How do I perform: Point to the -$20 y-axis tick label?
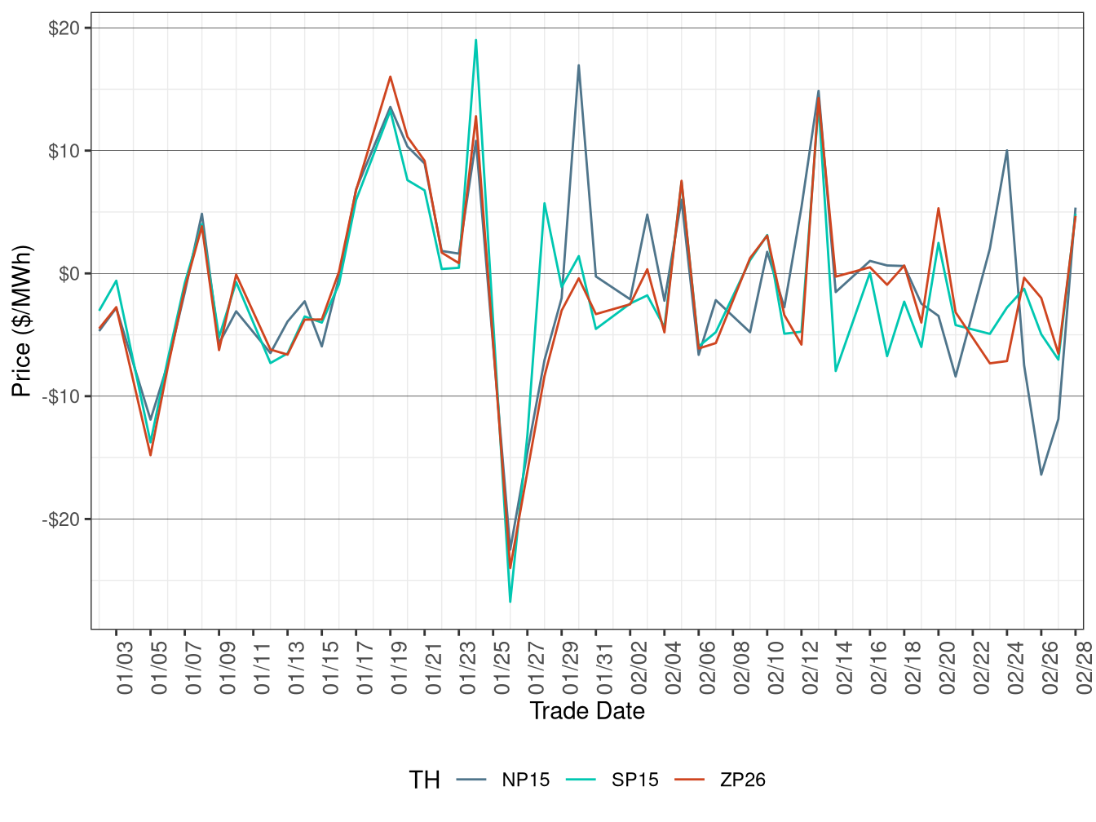[61, 519]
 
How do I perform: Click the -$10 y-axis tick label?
[61, 396]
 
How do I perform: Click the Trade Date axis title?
[587, 711]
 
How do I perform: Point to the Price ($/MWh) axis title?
[22, 321]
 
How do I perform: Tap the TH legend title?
[424, 780]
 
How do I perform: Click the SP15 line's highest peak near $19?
[476, 40]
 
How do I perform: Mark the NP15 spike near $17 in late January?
[579, 65]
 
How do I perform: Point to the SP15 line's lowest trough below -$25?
[510, 602]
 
